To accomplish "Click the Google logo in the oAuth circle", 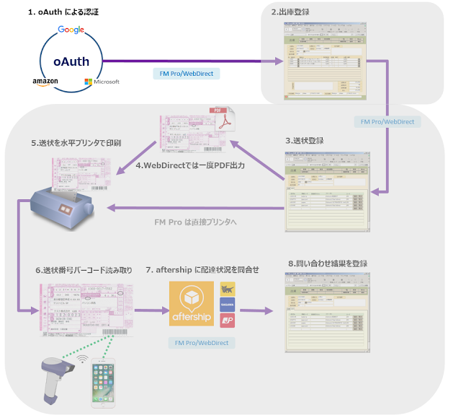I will tap(71, 30).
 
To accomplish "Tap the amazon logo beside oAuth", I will tap(45, 82).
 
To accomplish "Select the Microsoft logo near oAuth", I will tap(102, 82).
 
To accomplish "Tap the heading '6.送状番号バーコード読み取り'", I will tap(84, 270).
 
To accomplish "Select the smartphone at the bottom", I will tap(103, 381).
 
